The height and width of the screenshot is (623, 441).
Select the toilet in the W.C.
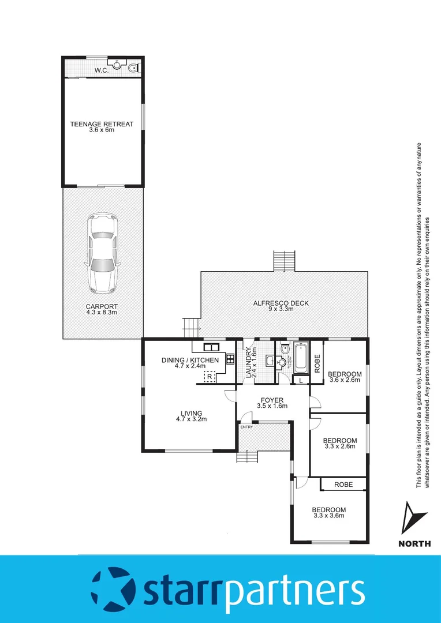point(133,67)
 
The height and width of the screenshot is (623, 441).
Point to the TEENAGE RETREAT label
point(102,124)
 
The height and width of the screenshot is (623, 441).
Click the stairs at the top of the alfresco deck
point(284,261)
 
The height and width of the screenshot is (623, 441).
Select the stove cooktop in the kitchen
point(230,359)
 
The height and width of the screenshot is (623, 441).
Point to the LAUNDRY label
point(249,361)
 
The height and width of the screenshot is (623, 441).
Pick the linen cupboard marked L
point(301,380)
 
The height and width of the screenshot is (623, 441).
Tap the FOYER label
point(272,399)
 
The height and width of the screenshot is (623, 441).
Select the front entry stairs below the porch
point(246,456)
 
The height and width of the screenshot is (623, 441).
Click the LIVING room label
point(191,413)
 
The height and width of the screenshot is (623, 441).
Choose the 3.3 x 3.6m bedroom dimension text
point(328,516)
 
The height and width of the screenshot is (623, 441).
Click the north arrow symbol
point(413,518)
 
